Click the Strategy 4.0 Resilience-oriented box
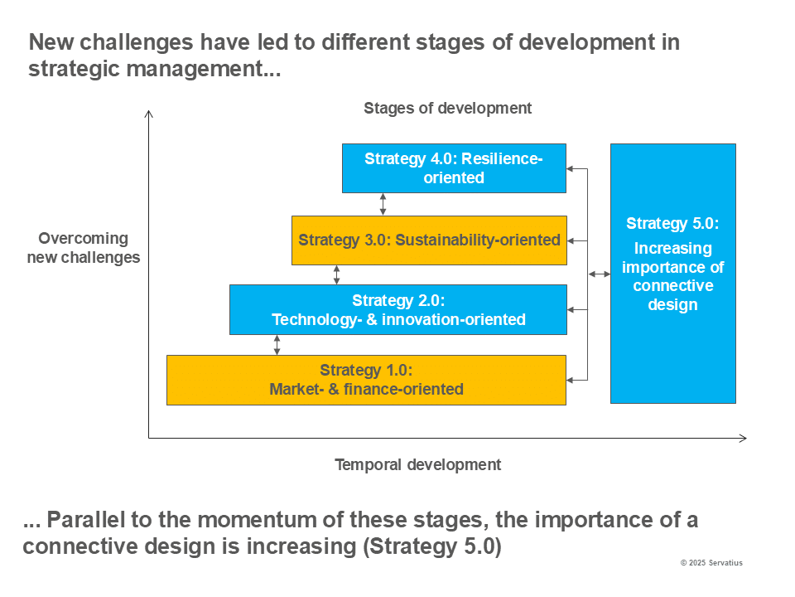click(454, 168)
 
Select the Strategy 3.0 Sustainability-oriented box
click(429, 240)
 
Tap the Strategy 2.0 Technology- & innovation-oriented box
click(398, 309)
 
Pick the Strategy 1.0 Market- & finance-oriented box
click(366, 380)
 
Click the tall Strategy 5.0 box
click(672, 274)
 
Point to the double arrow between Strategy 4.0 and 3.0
click(383, 204)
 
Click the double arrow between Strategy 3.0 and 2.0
click(337, 274)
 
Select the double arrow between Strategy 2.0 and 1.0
click(277, 345)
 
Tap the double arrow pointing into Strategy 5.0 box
click(600, 274)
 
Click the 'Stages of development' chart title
click(448, 108)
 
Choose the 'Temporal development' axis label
click(417, 464)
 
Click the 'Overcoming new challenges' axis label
click(84, 248)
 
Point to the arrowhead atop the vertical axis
click(148, 114)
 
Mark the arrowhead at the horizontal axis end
click(743, 438)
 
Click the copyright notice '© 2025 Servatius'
click(711, 562)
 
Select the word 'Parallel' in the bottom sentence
click(85, 520)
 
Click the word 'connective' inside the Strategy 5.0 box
click(672, 285)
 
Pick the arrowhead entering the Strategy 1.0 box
click(570, 380)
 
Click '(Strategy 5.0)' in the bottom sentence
click(432, 546)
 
